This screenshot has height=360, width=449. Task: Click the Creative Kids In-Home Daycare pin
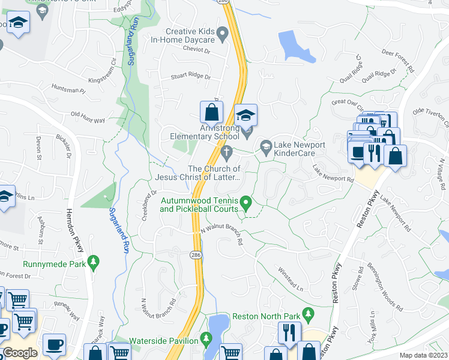223,34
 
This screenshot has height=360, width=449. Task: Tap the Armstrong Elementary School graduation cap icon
245,115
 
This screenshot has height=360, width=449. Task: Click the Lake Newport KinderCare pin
265,146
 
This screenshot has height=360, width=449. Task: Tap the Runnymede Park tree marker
92,262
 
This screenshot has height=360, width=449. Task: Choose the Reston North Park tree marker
308,314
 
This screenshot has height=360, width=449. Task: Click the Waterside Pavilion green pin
206,340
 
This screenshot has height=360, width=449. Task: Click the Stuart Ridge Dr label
191,77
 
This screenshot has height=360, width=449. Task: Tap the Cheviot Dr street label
194,50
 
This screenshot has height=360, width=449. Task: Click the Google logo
20,353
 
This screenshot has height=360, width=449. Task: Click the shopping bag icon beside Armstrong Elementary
211,112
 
